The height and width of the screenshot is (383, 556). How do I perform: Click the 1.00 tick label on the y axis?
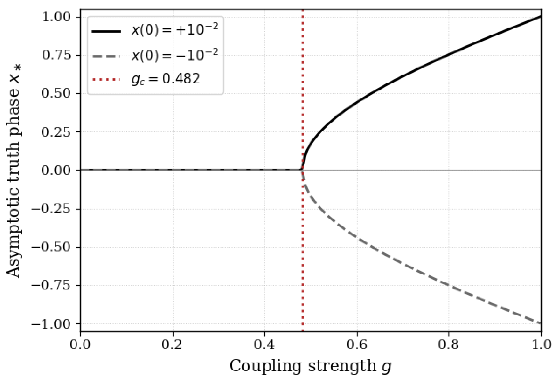[56, 17]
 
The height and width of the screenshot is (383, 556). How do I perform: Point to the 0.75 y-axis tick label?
[56, 55]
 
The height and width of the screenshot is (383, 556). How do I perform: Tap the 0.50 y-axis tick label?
[56, 94]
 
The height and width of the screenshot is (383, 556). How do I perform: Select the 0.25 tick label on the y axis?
[56, 132]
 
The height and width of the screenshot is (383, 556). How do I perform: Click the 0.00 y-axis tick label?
[56, 170]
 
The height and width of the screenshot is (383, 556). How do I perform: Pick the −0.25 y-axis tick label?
[51, 209]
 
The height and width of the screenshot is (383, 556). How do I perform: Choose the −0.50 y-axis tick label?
[51, 247]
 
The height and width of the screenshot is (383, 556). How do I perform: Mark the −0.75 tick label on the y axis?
[51, 285]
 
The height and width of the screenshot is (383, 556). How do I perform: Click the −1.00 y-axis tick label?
[51, 324]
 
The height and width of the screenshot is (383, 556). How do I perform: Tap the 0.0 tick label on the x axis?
[80, 344]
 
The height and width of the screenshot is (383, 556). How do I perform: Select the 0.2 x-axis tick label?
[173, 344]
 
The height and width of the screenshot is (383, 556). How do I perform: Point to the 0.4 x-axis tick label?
[265, 344]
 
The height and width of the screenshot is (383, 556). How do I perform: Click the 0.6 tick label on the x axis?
[357, 344]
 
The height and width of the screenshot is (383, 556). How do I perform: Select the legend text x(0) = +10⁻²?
[175, 30]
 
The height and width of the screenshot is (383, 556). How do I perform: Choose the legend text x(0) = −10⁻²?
[175, 55]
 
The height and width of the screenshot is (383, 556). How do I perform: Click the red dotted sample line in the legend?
[106, 79]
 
